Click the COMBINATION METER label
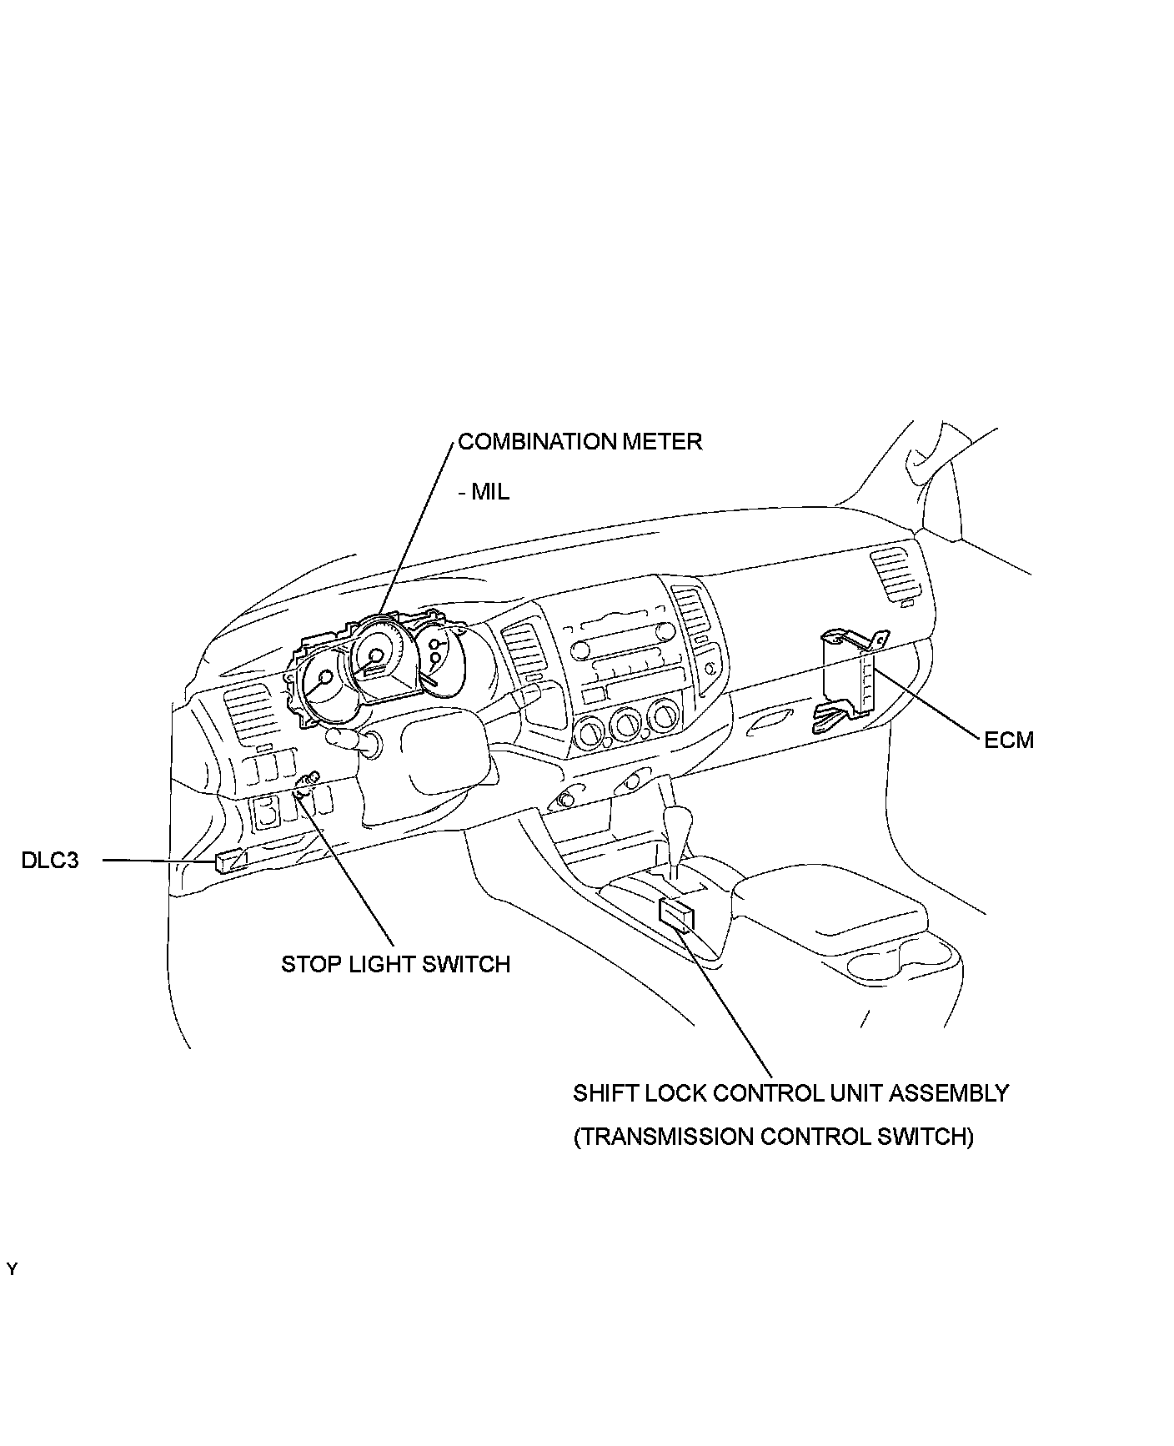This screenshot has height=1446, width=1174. [579, 441]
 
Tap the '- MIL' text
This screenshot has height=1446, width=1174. [484, 491]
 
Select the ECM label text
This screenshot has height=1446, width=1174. [1008, 740]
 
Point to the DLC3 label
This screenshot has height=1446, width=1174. [50, 860]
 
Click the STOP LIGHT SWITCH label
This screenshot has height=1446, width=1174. [395, 964]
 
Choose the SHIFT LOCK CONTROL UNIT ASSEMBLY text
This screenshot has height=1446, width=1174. [790, 1092]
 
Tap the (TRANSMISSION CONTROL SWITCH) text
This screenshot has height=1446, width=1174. [773, 1137]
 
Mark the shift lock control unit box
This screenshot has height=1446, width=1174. [676, 914]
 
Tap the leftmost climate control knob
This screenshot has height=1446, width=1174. [590, 731]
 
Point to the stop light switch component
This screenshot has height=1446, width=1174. [305, 785]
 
